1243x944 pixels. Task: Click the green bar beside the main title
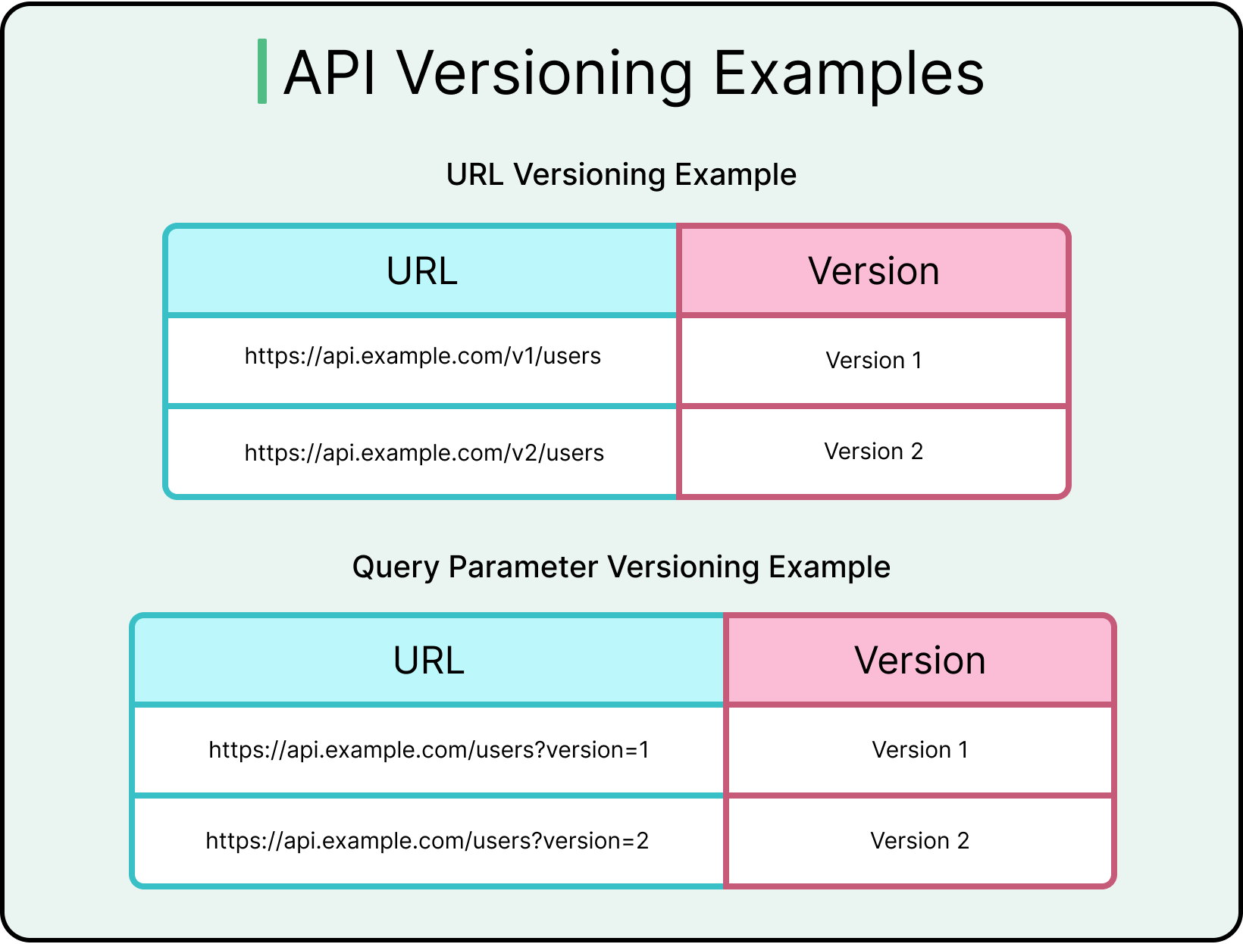[x=262, y=71]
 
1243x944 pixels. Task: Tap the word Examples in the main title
[x=848, y=73]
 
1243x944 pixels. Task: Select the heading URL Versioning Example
[x=621, y=174]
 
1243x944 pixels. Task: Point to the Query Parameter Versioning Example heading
[x=621, y=567]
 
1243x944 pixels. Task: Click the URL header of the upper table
[x=421, y=271]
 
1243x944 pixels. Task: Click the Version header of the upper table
[x=873, y=271]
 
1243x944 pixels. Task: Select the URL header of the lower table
[x=428, y=661]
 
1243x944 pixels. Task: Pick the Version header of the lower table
[x=919, y=661]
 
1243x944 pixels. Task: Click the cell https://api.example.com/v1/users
[x=422, y=356]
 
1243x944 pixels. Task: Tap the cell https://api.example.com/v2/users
[x=424, y=453]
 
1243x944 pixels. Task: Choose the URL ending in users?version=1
[x=428, y=750]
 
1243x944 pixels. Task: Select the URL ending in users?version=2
[x=427, y=841]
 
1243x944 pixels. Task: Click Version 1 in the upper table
[x=873, y=361]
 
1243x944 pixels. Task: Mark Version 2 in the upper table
[x=873, y=452]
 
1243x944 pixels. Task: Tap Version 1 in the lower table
[x=919, y=750]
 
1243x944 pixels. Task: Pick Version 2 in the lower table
[x=919, y=841]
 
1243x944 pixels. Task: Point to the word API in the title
[x=330, y=73]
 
